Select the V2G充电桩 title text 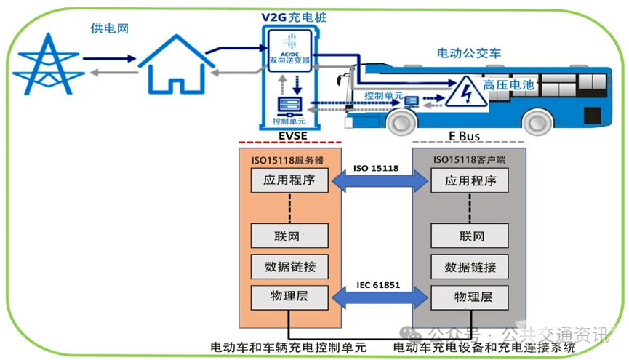(x=291, y=15)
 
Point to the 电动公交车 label (x=468, y=52)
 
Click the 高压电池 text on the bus (x=508, y=85)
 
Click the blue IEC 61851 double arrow (x=376, y=297)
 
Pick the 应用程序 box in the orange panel (x=289, y=180)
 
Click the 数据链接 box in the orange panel (x=289, y=265)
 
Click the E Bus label (x=465, y=135)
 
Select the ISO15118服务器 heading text (x=289, y=159)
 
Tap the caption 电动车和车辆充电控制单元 (x=288, y=348)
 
